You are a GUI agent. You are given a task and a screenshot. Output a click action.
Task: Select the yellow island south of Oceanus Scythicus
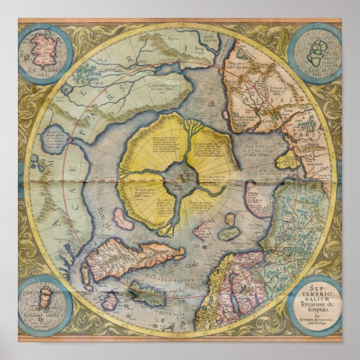click(287, 162)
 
